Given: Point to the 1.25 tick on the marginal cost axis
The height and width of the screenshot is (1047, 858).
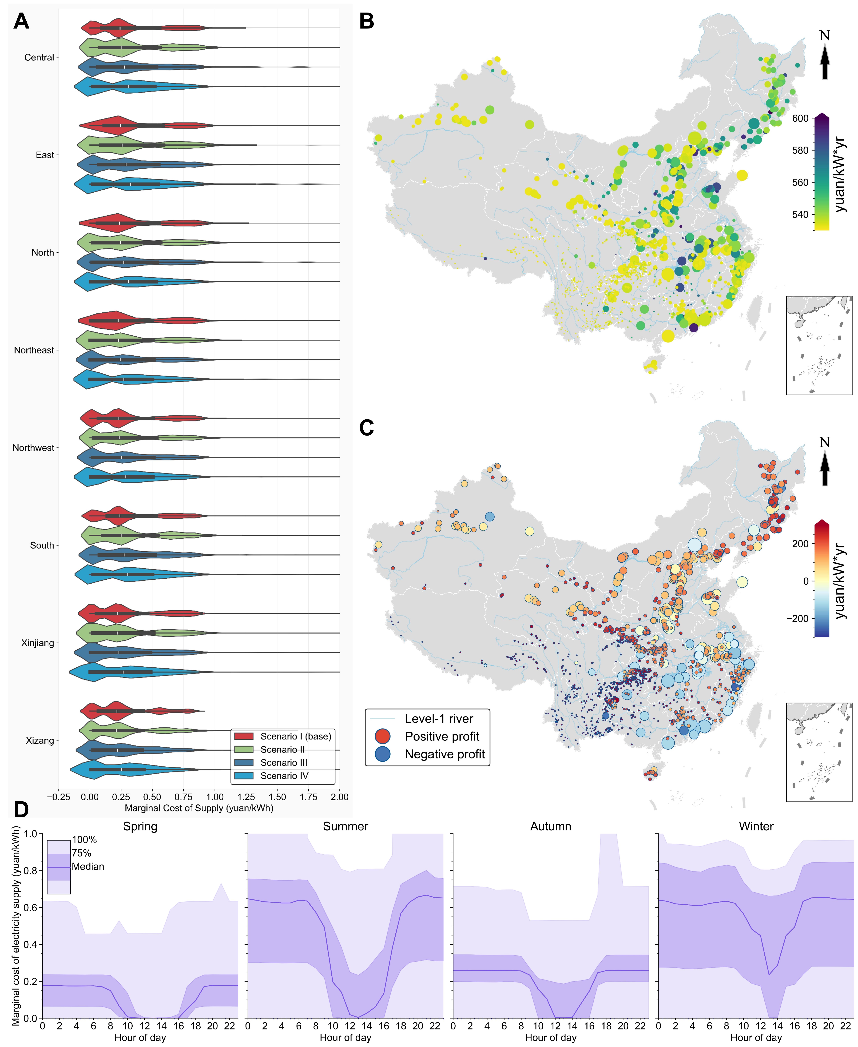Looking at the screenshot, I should pos(246,797).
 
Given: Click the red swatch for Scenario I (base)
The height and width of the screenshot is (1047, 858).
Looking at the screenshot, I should pos(244,736).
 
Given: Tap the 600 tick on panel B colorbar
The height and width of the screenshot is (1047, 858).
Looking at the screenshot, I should pos(800,119).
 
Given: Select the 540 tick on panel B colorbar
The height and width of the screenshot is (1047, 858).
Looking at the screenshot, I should pos(800,214).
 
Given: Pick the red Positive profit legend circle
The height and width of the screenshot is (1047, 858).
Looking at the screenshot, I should pos(383,736).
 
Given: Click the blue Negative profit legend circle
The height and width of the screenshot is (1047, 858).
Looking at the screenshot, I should pos(383,754).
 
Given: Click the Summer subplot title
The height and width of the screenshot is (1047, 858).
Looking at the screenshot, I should pos(345,826).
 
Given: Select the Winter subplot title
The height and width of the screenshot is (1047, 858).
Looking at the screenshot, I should pos(756,826).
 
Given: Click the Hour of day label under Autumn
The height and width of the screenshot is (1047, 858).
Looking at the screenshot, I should pos(551,1037).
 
